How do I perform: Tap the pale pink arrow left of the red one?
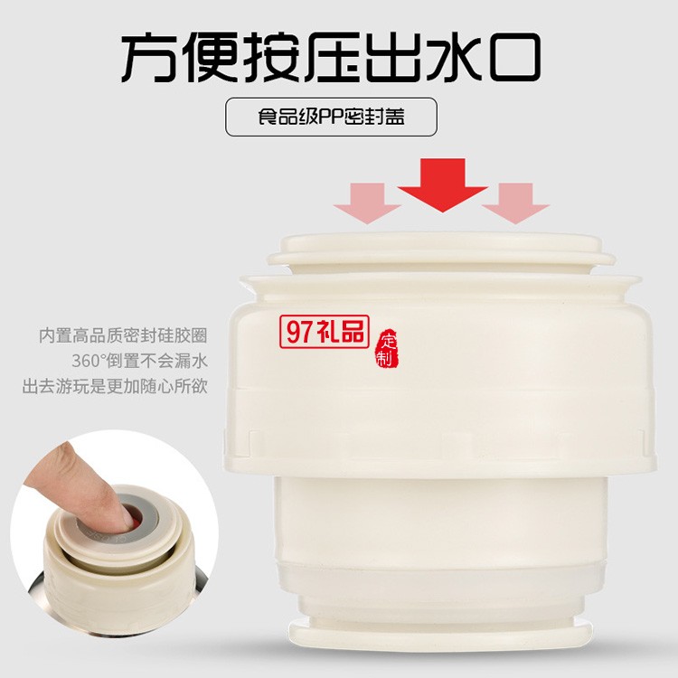[367, 202]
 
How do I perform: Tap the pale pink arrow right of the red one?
[515, 202]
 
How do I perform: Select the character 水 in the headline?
[454, 57]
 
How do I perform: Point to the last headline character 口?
[515, 58]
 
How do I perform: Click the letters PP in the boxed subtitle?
[331, 117]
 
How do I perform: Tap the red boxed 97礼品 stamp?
[325, 332]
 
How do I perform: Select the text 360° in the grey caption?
[89, 361]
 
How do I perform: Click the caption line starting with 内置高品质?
[123, 335]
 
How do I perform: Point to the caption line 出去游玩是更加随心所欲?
[115, 386]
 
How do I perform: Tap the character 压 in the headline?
[333, 57]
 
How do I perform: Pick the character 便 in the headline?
[211, 57]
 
